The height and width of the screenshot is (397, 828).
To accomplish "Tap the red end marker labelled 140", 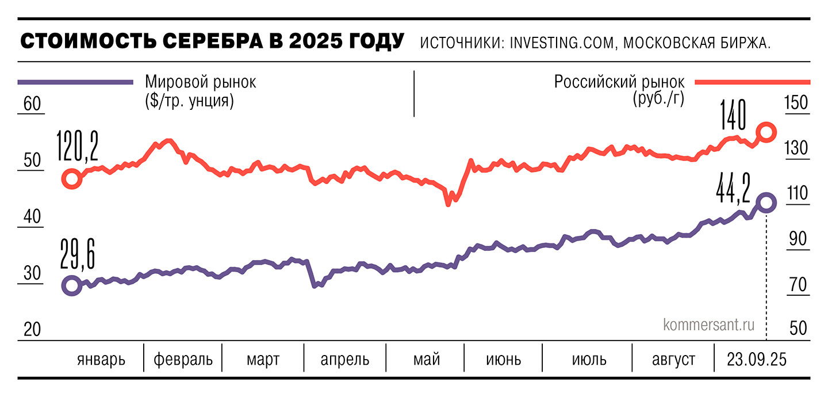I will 766,132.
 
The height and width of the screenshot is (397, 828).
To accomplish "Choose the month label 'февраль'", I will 183,360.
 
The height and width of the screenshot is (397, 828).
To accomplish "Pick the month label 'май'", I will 426,360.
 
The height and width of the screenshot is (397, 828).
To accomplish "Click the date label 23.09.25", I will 755,360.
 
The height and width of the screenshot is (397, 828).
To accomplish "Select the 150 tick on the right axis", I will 796,103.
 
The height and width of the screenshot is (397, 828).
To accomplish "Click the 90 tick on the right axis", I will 798,239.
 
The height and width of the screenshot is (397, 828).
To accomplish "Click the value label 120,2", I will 78,147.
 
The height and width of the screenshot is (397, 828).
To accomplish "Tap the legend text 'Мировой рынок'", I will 201,82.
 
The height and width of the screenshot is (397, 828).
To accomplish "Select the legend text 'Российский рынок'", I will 619,82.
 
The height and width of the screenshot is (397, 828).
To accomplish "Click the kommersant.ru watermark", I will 708,325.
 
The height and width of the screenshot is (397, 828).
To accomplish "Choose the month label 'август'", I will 673,360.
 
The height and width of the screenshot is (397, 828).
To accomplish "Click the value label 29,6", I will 78,257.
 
